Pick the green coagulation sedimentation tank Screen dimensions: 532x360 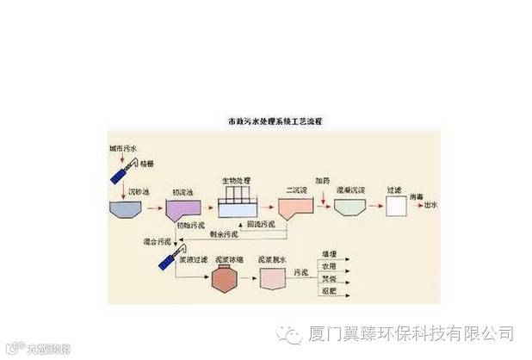click(x=350, y=208)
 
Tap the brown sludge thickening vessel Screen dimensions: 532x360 click(x=226, y=276)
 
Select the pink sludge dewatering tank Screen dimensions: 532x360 click(x=275, y=277)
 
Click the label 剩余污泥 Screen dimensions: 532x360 click(x=236, y=234)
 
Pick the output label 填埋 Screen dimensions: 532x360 click(x=328, y=254)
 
